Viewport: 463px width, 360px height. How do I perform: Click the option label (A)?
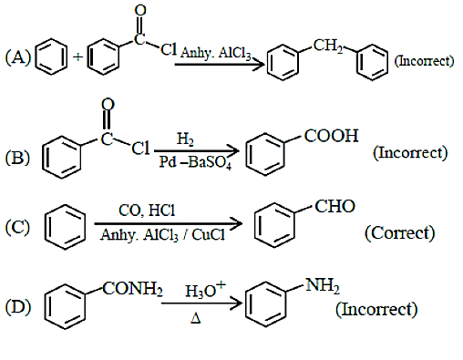click(x=18, y=57)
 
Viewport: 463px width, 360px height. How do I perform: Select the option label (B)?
click(x=17, y=158)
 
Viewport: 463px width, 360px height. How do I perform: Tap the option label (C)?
click(x=17, y=227)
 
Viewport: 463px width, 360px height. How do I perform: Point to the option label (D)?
click(x=18, y=307)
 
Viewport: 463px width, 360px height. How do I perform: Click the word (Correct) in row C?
click(x=400, y=233)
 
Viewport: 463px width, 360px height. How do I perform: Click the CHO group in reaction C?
click(x=334, y=206)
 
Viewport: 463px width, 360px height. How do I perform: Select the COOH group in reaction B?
click(x=331, y=136)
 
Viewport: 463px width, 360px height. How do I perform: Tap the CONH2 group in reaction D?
click(x=132, y=289)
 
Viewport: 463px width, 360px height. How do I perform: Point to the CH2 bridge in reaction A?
click(x=328, y=46)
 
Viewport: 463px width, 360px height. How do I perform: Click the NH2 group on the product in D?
click(x=323, y=285)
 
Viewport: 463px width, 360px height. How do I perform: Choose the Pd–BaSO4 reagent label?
click(x=195, y=162)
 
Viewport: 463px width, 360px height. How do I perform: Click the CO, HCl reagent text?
click(x=147, y=211)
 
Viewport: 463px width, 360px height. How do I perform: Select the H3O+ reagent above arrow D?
click(x=206, y=290)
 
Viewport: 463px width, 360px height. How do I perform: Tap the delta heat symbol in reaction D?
click(x=196, y=318)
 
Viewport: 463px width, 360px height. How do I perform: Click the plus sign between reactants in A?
click(x=78, y=57)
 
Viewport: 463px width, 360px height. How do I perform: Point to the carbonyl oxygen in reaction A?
click(x=140, y=11)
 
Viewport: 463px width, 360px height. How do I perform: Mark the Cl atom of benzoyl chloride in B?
click(x=140, y=149)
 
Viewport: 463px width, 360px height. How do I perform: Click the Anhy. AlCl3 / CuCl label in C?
click(x=162, y=235)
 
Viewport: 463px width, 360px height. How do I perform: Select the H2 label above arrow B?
click(x=185, y=139)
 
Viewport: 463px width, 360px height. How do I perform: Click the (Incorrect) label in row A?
click(x=424, y=61)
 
